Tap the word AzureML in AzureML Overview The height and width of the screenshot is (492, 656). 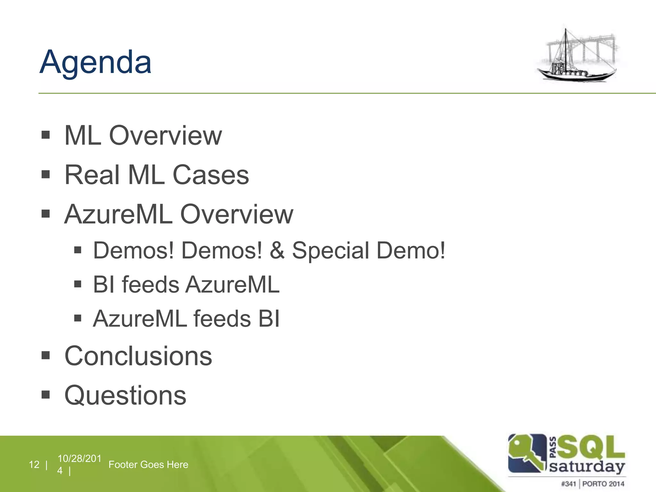pyautogui.click(x=119, y=214)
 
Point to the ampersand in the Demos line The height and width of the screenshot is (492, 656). pyautogui.click(x=277, y=250)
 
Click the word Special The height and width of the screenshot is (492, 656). pyautogui.click(x=330, y=251)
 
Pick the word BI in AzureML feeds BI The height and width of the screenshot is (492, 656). pyautogui.click(x=269, y=319)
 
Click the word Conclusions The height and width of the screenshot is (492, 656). pyautogui.click(x=138, y=356)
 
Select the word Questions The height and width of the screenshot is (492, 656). pyautogui.click(x=125, y=395)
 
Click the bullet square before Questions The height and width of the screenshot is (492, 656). pyautogui.click(x=45, y=394)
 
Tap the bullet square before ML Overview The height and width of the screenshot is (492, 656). pyautogui.click(x=45, y=135)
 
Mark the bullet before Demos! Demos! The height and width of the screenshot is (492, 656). pyautogui.click(x=78, y=250)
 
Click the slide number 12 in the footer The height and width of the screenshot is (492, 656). pyautogui.click(x=34, y=464)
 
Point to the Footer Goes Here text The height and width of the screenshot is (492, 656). pyautogui.click(x=148, y=464)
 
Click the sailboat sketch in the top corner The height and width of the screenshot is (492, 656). pyautogui.click(x=578, y=56)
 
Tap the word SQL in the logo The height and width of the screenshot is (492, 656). pyautogui.click(x=590, y=447)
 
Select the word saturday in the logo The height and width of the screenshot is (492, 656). pyautogui.click(x=587, y=466)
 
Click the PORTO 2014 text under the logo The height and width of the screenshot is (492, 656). pyautogui.click(x=603, y=484)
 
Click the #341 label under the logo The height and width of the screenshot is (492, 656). pyautogui.click(x=568, y=484)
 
